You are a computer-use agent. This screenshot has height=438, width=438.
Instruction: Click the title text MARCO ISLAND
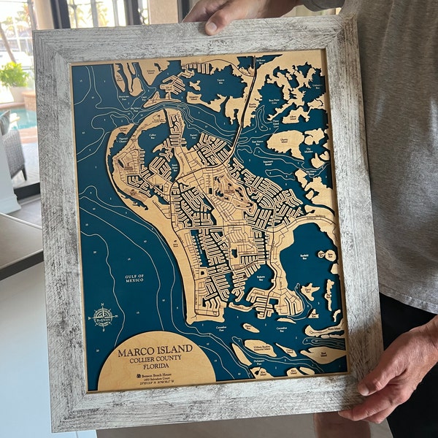pos(155,352)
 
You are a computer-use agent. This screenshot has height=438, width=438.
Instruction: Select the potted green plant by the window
pos(14,77)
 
